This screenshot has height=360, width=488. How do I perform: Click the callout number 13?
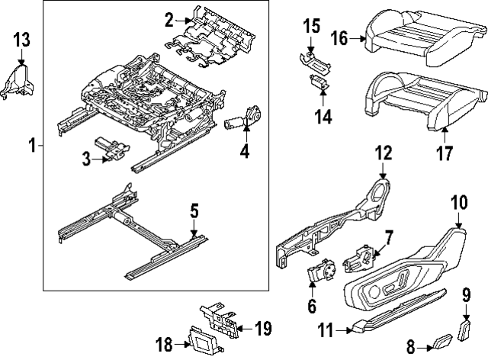(x=21, y=40)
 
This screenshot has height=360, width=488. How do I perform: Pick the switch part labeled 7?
(x=359, y=259)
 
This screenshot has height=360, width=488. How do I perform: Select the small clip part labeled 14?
(x=319, y=84)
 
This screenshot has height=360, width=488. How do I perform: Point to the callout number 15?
(x=310, y=27)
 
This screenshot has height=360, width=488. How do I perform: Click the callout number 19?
(x=262, y=329)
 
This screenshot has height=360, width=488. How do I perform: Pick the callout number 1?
(x=31, y=144)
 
